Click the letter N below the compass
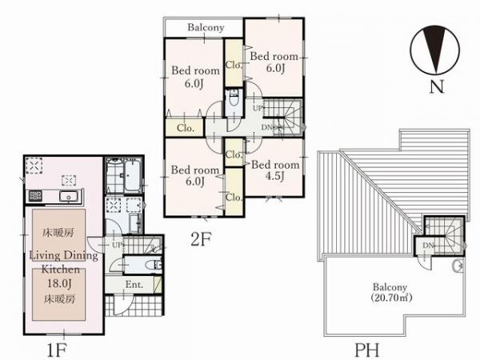click(x=437, y=86)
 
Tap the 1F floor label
click(x=57, y=350)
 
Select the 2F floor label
click(x=201, y=239)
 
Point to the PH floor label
click(x=366, y=350)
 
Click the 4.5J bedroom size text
click(x=275, y=176)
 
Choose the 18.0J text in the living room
click(x=59, y=283)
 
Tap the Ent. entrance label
click(x=134, y=284)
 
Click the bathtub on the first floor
click(x=132, y=177)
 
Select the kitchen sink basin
click(x=69, y=196)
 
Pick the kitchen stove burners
click(x=35, y=196)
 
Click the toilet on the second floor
click(x=234, y=98)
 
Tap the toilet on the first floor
click(x=154, y=265)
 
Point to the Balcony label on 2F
click(x=206, y=27)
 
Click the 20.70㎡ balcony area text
click(x=391, y=298)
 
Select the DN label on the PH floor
click(x=429, y=246)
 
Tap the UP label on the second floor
click(x=258, y=108)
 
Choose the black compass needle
click(x=434, y=50)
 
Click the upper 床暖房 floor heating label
click(x=58, y=233)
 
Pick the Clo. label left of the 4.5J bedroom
click(x=234, y=154)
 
